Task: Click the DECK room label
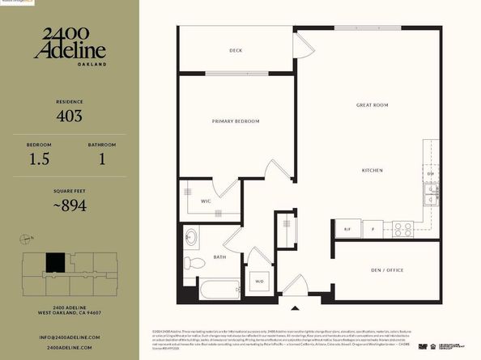tap(236, 51)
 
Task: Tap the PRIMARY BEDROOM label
tap(236, 121)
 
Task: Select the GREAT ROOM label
tap(373, 105)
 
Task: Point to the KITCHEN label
tap(372, 171)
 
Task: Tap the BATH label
tap(219, 257)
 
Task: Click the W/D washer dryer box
tap(259, 282)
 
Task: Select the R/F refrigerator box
tap(347, 229)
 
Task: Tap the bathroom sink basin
tap(190, 238)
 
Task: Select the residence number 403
tap(69, 116)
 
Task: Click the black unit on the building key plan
tap(54, 263)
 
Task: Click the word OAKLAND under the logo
tap(69, 61)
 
